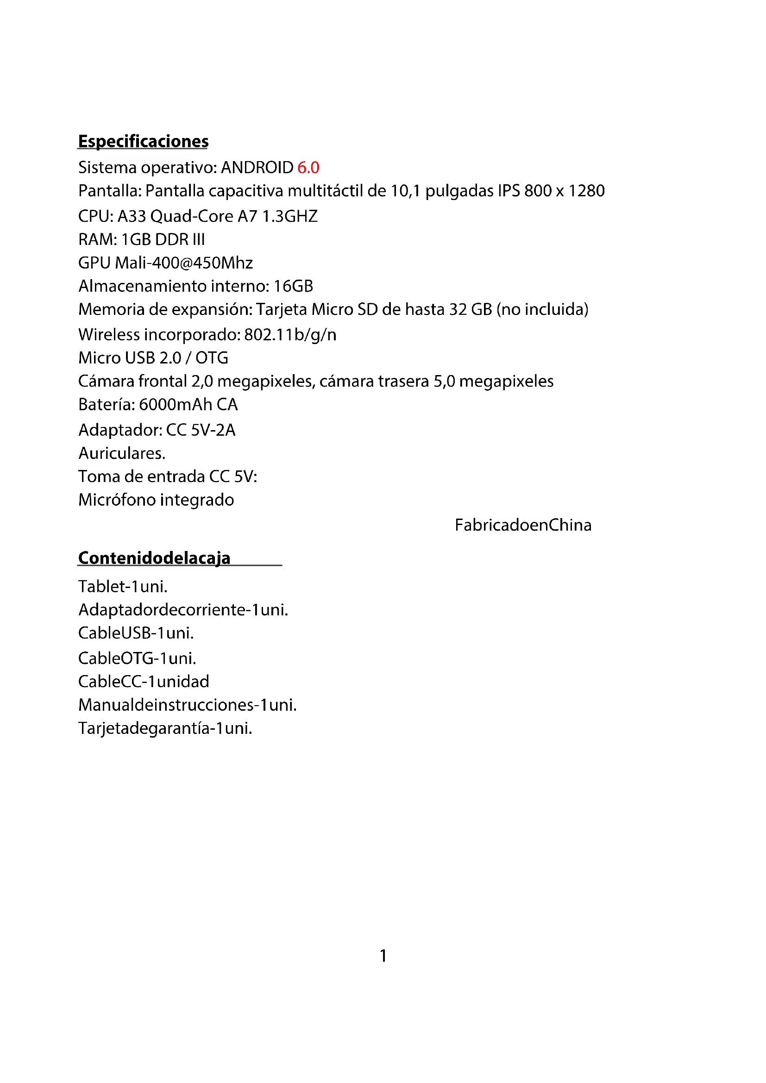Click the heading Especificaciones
coord(143,142)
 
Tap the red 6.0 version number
coord(308,168)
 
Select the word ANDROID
coord(257,168)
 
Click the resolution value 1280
coord(586,191)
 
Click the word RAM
coord(96,240)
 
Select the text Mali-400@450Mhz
coord(184,263)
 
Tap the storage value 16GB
coord(293,286)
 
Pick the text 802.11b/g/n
coord(290,335)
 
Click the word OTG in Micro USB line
coord(212,358)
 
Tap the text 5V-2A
coord(213,430)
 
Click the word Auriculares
coord(122,453)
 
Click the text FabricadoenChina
coord(522,525)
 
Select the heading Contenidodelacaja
coord(154,558)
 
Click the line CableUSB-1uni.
coord(136,633)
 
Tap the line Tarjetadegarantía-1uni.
coord(165,728)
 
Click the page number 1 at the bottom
coord(383,956)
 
